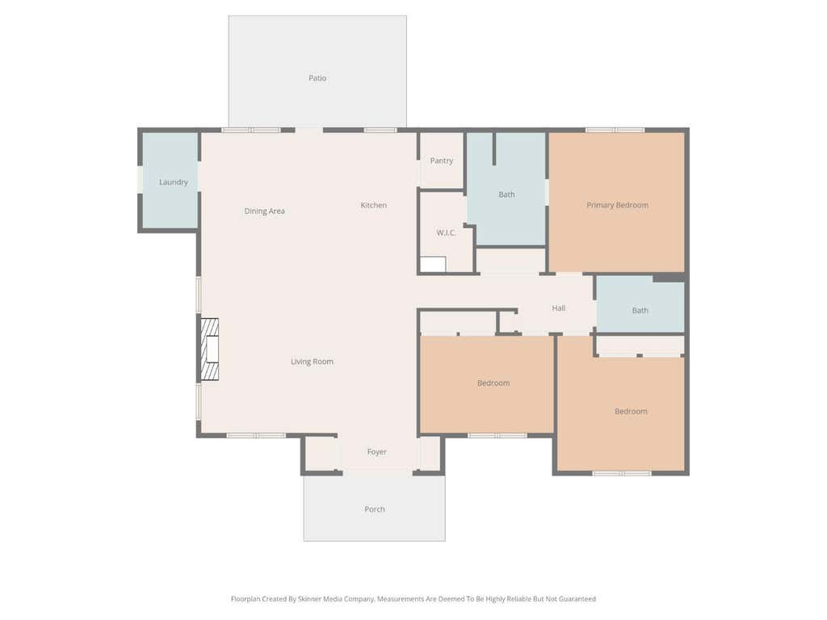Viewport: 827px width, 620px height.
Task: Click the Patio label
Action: click(317, 78)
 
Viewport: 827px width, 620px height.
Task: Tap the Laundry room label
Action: click(174, 182)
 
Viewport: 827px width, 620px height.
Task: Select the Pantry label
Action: click(442, 161)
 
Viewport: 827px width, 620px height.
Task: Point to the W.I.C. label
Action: click(446, 232)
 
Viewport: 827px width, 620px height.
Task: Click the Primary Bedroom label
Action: click(618, 205)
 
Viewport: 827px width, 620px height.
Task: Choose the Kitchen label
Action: click(373, 205)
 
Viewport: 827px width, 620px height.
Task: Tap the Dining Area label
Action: click(264, 212)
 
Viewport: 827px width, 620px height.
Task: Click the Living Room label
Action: click(313, 362)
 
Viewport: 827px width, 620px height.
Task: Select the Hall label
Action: click(559, 308)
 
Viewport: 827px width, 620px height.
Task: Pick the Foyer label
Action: click(376, 452)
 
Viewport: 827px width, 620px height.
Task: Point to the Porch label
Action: click(375, 509)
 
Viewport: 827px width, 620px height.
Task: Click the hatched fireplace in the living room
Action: click(210, 349)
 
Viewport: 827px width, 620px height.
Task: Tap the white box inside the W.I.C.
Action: click(433, 264)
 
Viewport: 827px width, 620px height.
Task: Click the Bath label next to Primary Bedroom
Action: click(507, 195)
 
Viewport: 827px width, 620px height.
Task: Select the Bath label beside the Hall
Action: click(640, 311)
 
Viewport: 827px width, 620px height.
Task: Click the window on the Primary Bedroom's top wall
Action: click(615, 130)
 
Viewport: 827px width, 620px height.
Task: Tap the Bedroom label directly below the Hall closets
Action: click(493, 383)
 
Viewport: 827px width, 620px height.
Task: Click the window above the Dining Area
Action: click(251, 130)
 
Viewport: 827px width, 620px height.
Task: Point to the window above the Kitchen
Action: click(380, 130)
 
